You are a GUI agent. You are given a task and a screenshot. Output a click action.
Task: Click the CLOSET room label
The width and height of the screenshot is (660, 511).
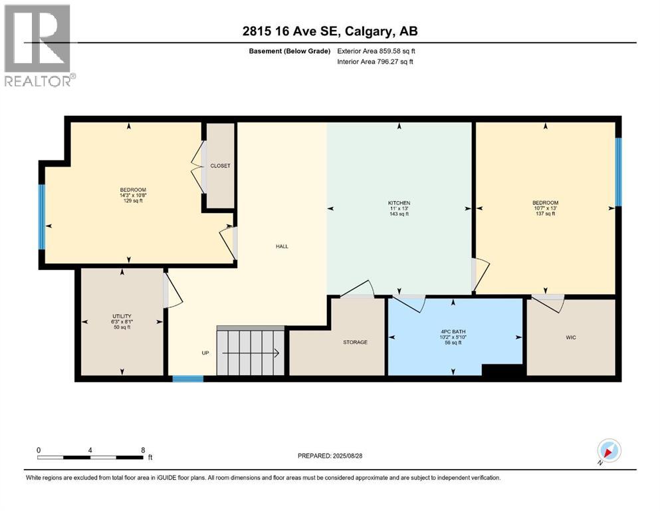click(x=220, y=166)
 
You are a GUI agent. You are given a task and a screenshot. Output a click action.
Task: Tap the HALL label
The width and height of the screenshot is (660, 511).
click(x=282, y=246)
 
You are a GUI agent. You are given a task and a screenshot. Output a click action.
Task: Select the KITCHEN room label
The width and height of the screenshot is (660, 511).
click(x=399, y=203)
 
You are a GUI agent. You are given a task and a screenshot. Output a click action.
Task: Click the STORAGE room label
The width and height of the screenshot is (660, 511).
click(x=355, y=342)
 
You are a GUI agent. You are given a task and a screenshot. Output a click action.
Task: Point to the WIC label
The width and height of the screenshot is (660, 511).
click(x=570, y=337)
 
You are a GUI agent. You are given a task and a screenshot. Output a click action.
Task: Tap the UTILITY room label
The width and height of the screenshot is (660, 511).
click(x=122, y=316)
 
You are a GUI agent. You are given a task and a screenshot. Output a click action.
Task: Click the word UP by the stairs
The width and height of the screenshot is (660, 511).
click(x=205, y=353)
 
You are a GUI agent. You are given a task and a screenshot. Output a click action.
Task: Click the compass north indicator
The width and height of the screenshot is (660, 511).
click(x=608, y=451)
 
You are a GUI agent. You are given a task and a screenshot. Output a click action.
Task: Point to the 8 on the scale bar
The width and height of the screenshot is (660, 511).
click(x=143, y=450)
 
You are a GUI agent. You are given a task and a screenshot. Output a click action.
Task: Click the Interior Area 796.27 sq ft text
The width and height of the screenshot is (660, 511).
click(x=376, y=62)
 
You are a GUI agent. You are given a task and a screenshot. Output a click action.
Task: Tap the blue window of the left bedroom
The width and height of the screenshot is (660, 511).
click(x=42, y=216)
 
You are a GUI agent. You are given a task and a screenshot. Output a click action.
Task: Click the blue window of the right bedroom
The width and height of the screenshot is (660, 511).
click(x=618, y=171)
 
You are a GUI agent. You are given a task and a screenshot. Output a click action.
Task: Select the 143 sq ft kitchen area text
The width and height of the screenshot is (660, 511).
click(x=399, y=215)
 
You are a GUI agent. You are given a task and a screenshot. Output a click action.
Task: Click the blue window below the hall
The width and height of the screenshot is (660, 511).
click(x=187, y=379)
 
